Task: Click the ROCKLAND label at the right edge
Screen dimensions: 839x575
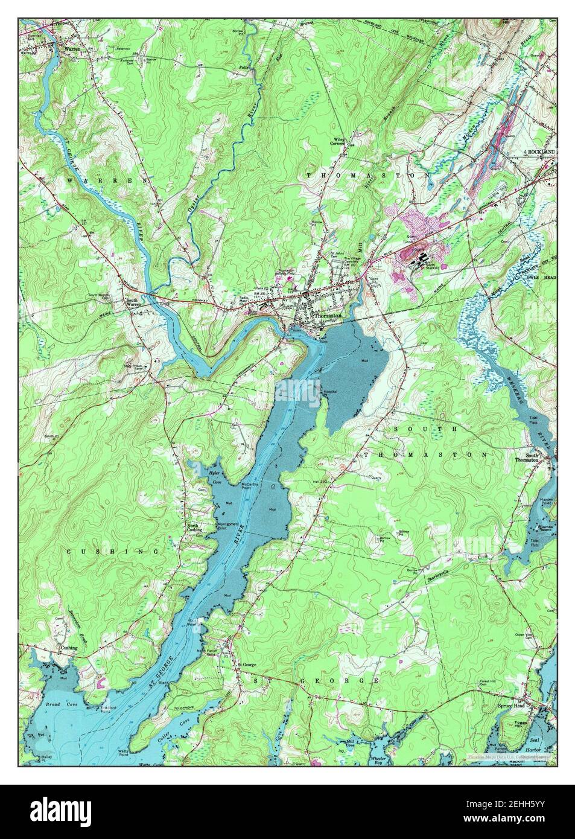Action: click(541, 151)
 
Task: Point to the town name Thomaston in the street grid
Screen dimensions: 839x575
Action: click(328, 315)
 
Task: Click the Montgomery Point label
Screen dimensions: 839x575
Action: click(228, 524)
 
